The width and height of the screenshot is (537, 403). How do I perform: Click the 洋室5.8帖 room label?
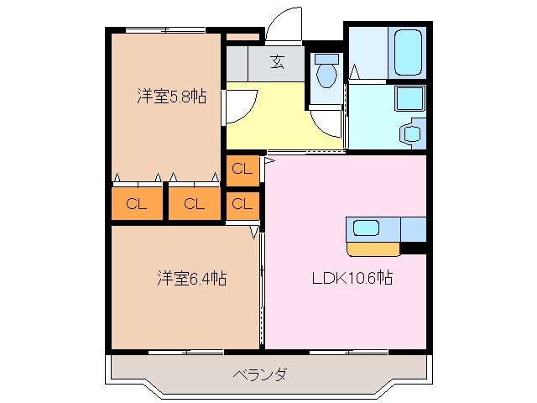172,96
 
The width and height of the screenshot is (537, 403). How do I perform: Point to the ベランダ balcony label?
259,374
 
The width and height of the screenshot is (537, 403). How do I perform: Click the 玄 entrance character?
276,61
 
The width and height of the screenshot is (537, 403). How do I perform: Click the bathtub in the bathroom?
406,53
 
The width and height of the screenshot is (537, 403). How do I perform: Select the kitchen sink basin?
368,228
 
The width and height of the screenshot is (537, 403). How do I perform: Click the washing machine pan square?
410,99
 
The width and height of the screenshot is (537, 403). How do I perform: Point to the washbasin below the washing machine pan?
411,133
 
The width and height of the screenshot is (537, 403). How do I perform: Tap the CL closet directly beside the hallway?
242,169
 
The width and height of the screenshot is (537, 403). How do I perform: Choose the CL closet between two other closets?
194,203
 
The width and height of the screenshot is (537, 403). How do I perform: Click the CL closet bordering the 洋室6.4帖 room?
242,204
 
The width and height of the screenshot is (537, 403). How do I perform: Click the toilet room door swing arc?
327,124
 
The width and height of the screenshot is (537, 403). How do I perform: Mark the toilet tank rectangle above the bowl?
326,60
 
